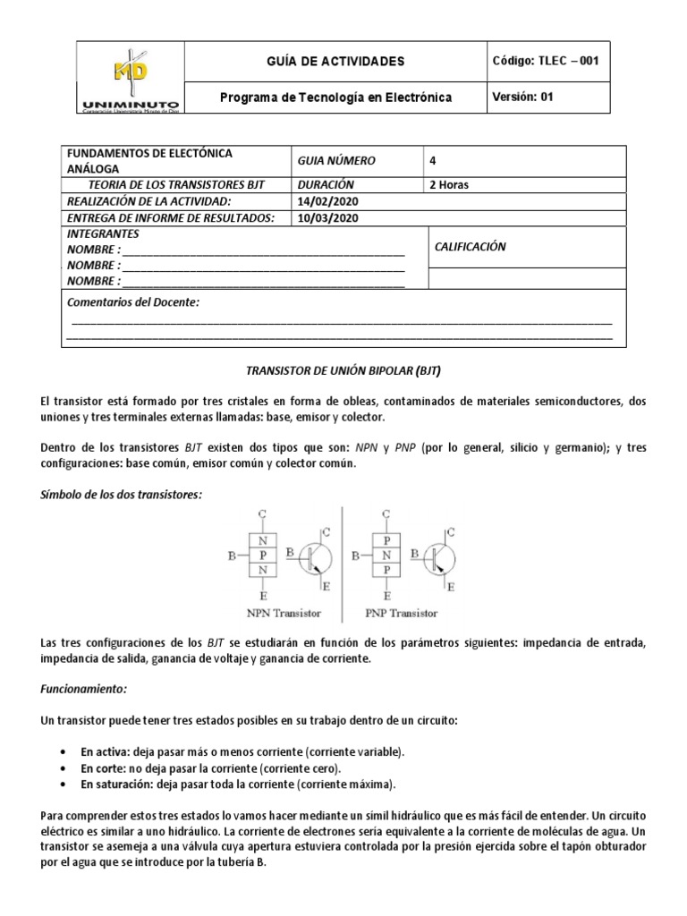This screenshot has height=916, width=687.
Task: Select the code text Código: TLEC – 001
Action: click(x=545, y=61)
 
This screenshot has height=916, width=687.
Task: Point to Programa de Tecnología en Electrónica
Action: click(x=336, y=97)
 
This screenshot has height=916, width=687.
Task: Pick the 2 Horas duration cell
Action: click(x=449, y=185)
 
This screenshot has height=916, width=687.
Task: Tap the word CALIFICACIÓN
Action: click(x=470, y=247)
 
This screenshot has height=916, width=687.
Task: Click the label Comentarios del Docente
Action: click(x=133, y=302)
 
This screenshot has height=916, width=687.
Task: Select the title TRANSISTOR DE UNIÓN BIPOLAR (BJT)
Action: click(x=343, y=369)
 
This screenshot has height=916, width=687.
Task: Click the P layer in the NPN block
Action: click(x=262, y=556)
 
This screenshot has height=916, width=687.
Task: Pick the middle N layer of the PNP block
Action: click(x=386, y=556)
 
